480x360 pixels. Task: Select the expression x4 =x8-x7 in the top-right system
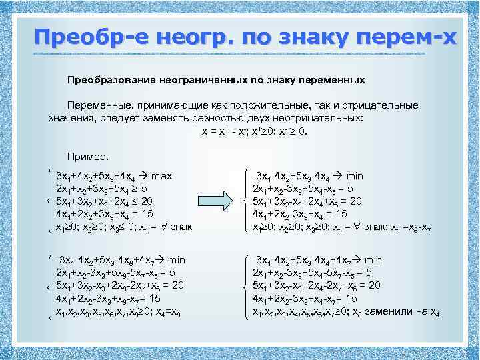click(405, 227)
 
